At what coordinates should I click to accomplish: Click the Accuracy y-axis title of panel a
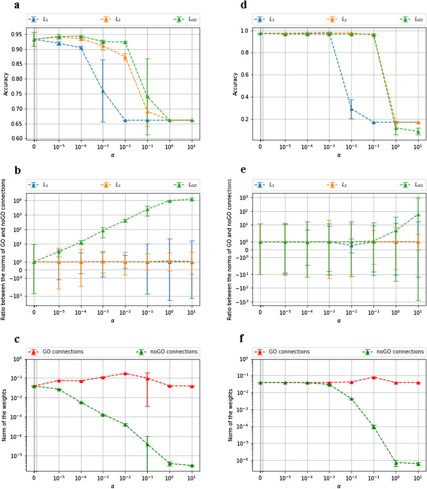pos(5,85)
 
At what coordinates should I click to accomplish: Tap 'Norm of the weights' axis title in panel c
pos(5,417)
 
